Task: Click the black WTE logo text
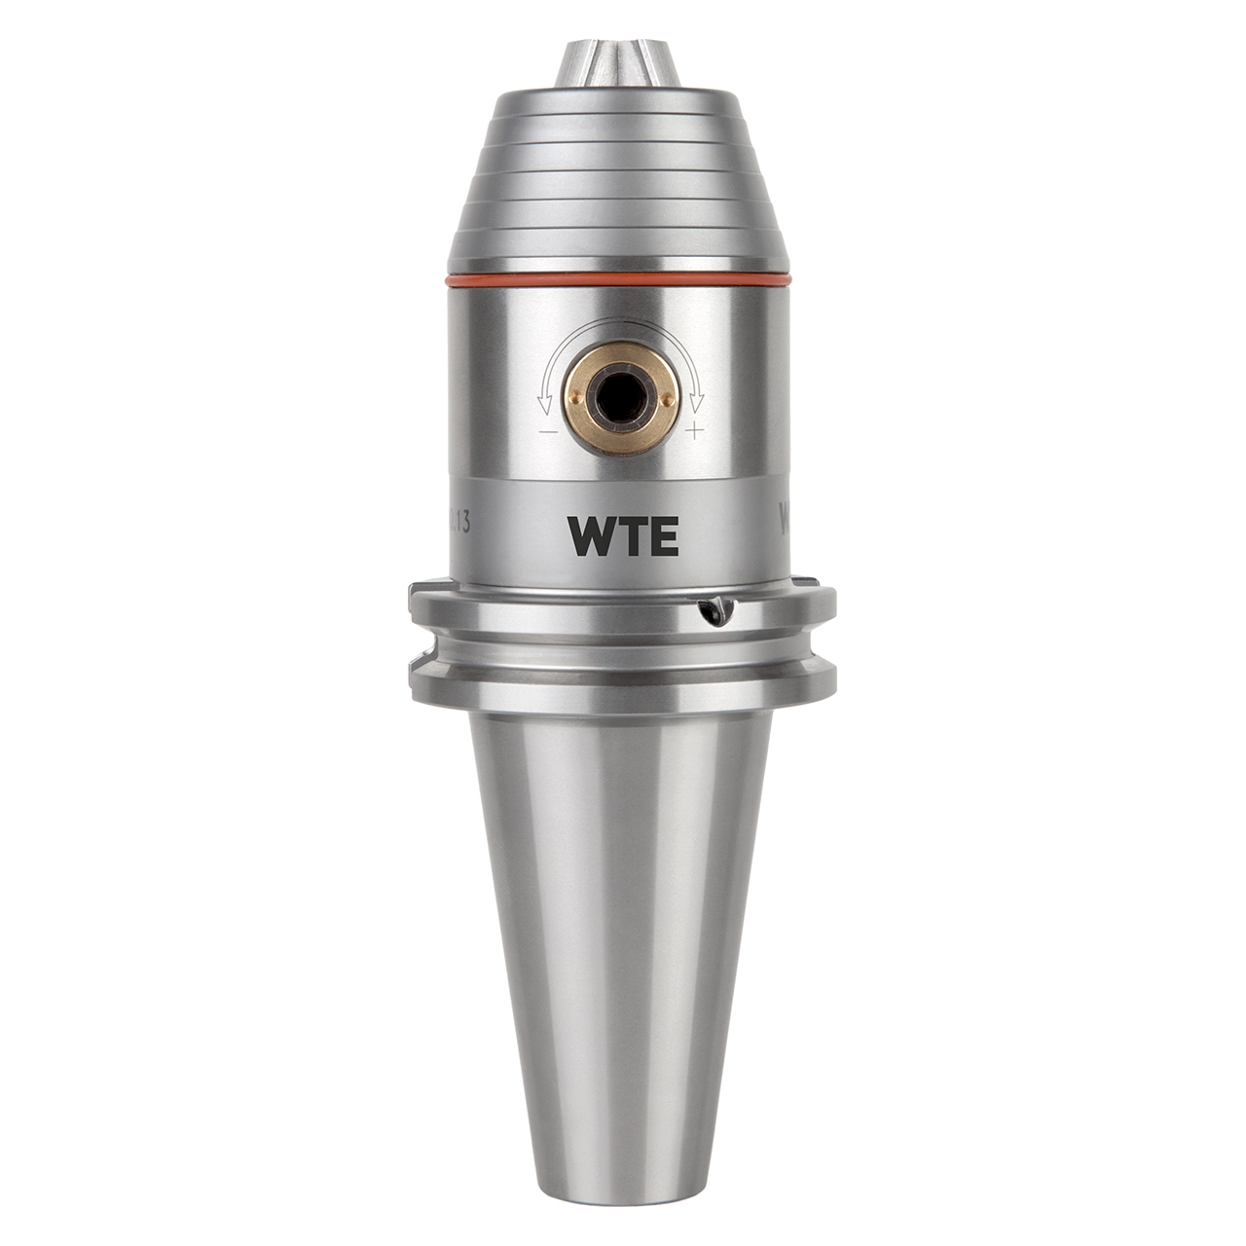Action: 623,535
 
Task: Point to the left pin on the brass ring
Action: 576,397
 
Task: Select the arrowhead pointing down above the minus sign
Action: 545,403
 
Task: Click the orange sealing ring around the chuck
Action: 619,280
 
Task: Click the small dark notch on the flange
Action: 716,611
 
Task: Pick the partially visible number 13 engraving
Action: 459,522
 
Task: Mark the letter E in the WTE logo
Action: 663,535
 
